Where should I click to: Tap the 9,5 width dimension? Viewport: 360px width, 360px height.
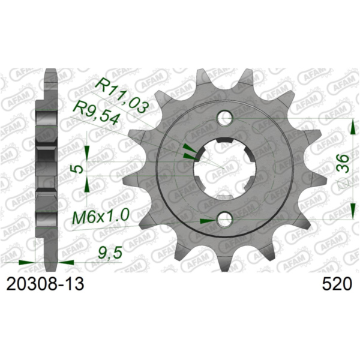[109, 254]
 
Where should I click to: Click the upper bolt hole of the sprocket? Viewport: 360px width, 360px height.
[224, 116]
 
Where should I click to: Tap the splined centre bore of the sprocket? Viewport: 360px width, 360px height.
[224, 168]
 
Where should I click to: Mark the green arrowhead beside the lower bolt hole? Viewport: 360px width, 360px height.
[206, 221]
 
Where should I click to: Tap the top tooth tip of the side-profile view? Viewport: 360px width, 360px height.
[50, 71]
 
